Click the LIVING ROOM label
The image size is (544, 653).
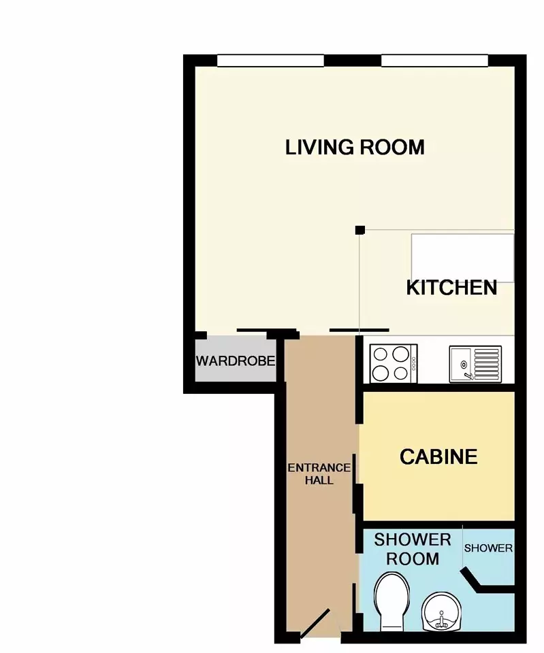pyautogui.click(x=355, y=148)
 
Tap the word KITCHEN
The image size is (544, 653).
pyautogui.click(x=452, y=288)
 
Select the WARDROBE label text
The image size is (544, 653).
pyautogui.click(x=236, y=361)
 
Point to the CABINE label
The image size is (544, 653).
pyautogui.click(x=438, y=457)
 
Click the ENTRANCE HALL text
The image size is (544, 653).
pyautogui.click(x=319, y=474)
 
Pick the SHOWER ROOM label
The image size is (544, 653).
pyautogui.click(x=413, y=550)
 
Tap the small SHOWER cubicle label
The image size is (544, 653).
pyautogui.click(x=488, y=548)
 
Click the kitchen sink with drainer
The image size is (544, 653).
pyautogui.click(x=475, y=364)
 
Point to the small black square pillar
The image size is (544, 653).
pyautogui.click(x=360, y=230)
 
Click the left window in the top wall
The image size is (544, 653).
pyautogui.click(x=270, y=61)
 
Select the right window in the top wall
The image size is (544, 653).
pyautogui.click(x=434, y=61)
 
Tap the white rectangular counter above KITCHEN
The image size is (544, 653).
pyautogui.click(x=463, y=258)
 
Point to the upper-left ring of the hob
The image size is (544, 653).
pyautogui.click(x=381, y=354)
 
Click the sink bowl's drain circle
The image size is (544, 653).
pyautogui.click(x=464, y=365)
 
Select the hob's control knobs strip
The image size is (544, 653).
pyautogui.click(x=413, y=363)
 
